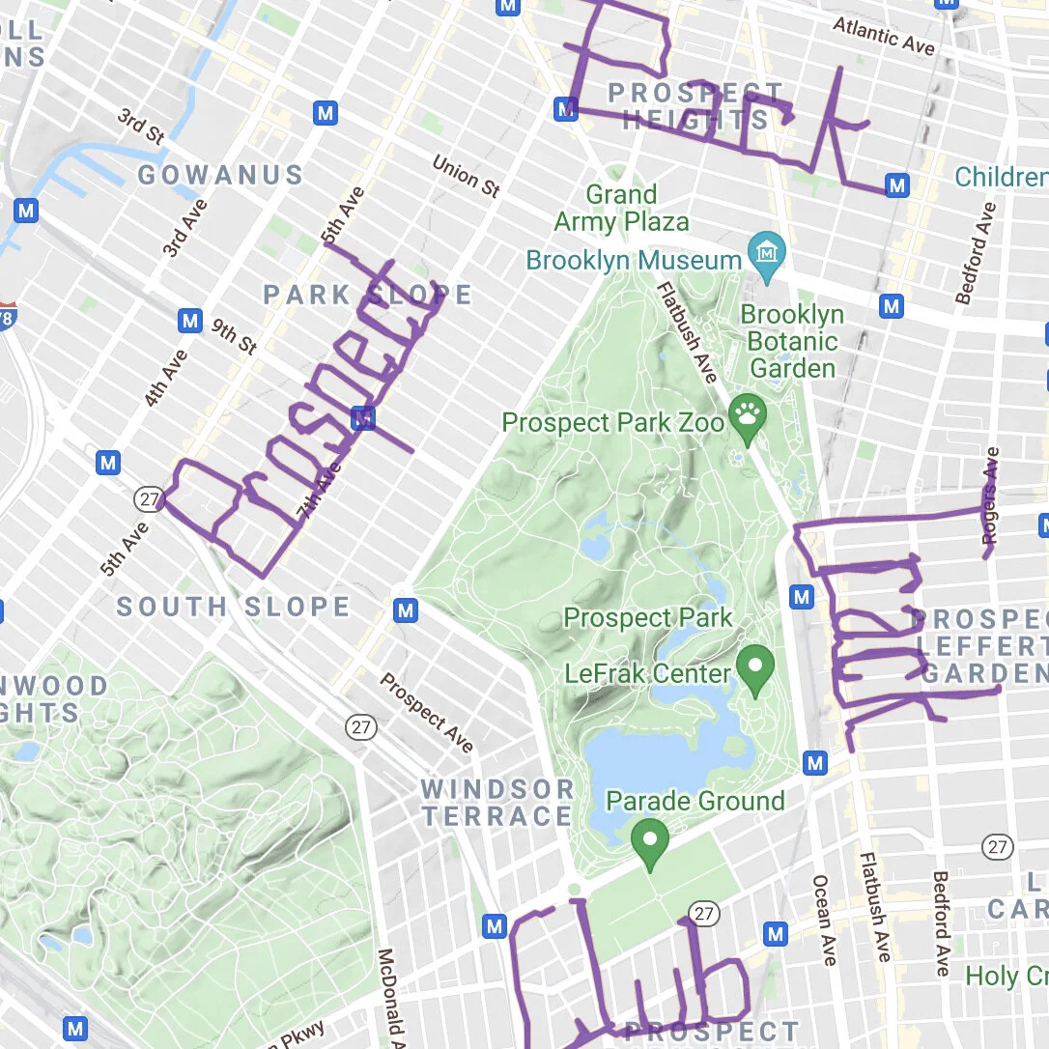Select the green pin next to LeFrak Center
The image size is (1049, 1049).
755,665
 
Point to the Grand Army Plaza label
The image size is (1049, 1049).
621,209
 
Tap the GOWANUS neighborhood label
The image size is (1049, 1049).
220,175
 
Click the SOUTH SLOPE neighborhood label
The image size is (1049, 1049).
233,607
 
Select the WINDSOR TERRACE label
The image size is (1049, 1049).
497,803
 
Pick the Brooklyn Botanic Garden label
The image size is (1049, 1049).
793,341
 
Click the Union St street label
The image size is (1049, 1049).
466,176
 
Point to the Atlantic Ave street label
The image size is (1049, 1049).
884,36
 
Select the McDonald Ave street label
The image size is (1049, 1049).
387,999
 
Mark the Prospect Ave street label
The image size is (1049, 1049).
426,713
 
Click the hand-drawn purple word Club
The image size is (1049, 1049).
628,976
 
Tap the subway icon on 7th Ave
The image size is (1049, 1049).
363,418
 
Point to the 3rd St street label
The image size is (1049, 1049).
141,127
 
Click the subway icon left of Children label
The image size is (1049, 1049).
897,185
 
